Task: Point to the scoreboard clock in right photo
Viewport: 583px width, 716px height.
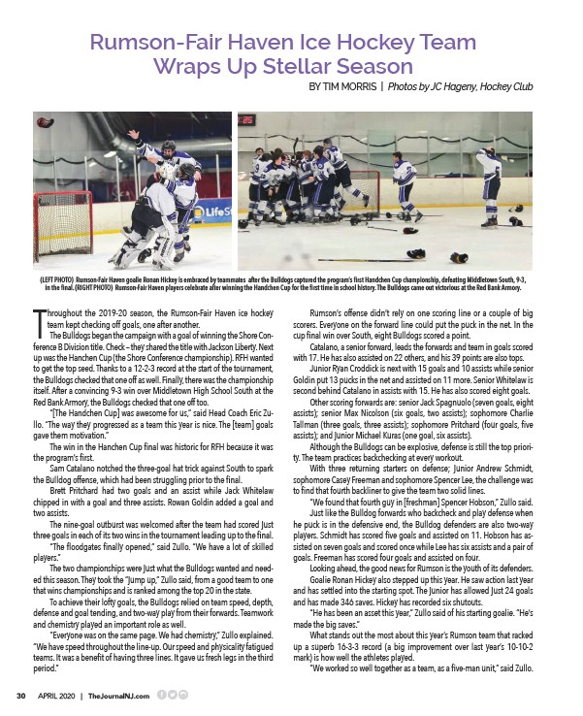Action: point(247,120)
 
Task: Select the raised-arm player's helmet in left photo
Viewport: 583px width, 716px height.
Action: point(166,146)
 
